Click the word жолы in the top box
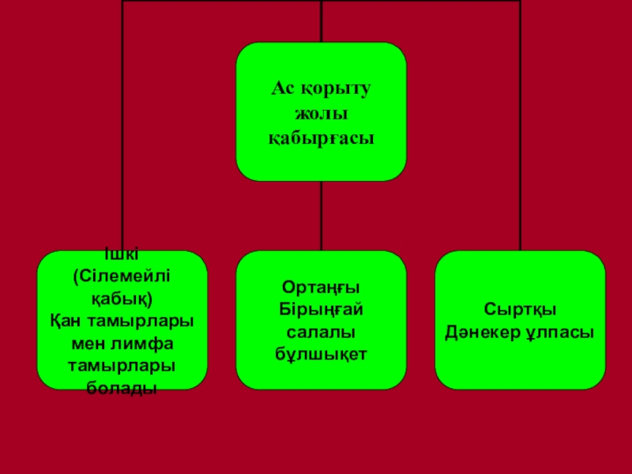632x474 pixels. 321,115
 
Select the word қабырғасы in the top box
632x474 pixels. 321,138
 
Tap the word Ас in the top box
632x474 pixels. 282,90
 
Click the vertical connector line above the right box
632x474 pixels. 520,126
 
